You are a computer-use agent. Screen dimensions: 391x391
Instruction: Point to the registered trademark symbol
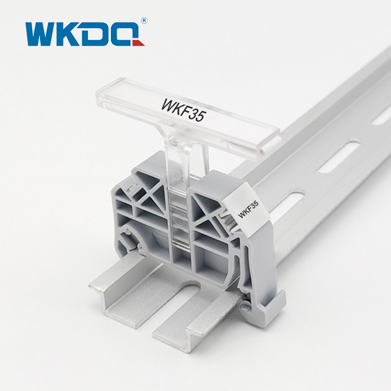tap(144, 21)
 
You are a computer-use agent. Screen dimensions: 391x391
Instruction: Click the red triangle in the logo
tap(139, 43)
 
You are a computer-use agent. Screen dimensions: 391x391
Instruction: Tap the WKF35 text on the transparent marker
tap(184, 110)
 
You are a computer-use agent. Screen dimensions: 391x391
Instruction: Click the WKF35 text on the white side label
tap(248, 209)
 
